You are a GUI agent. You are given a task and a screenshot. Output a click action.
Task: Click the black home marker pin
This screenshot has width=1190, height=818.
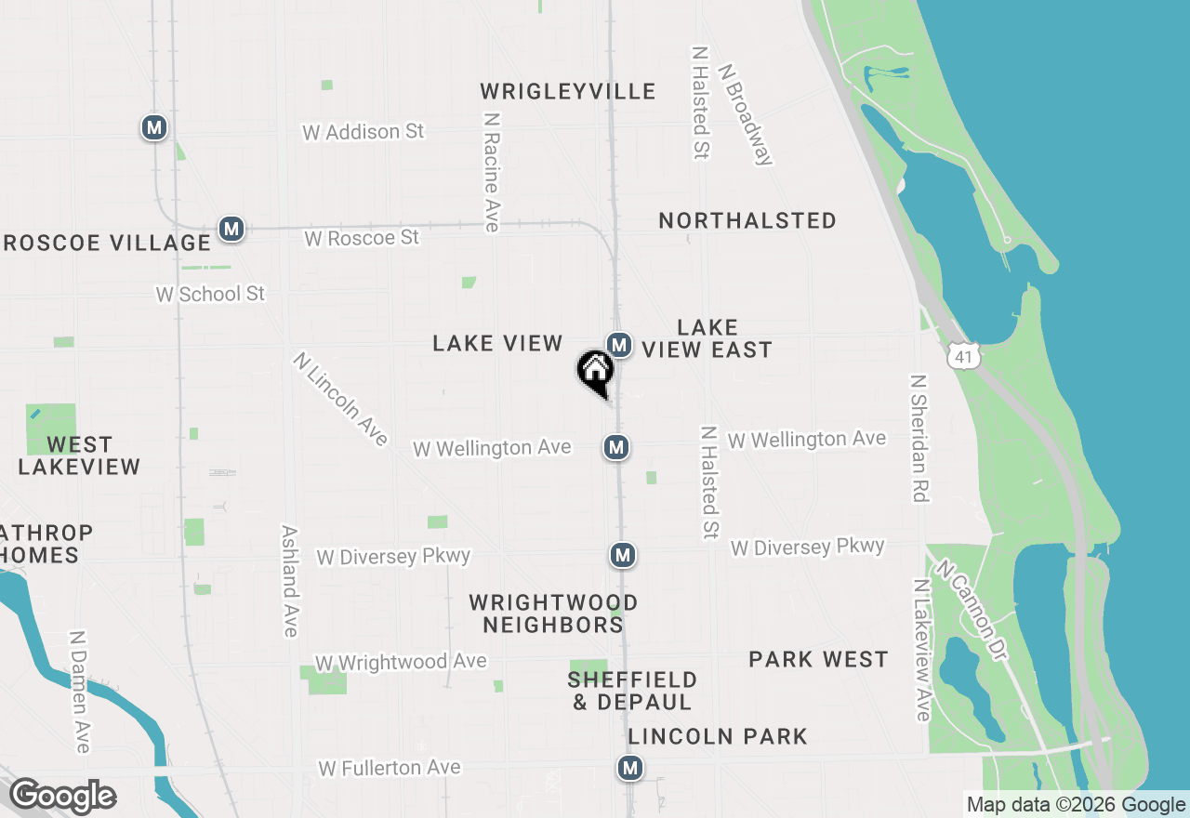pos(596,373)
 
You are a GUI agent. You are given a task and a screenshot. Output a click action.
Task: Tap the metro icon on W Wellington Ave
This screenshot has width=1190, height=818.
pos(615,447)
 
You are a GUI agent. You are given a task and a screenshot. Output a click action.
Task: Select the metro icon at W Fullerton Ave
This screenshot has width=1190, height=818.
pos(630,768)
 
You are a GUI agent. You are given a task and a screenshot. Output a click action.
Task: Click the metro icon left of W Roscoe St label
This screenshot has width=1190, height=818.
pos(231,228)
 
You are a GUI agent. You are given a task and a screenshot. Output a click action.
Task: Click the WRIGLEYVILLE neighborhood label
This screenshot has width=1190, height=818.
pos(568,91)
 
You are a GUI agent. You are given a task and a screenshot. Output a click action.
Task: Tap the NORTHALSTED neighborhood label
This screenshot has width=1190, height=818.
pos(747,220)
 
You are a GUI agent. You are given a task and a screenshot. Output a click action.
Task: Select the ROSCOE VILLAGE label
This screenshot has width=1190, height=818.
pos(106,243)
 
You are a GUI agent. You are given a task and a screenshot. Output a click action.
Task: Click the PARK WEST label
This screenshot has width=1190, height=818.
pos(818,659)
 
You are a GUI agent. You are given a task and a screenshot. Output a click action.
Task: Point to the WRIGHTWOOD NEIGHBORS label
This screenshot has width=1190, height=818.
pos(553,613)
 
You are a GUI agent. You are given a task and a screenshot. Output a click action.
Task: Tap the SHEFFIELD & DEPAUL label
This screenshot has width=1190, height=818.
pos(632,691)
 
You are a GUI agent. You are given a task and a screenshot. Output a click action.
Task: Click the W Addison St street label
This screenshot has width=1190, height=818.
pos(363,132)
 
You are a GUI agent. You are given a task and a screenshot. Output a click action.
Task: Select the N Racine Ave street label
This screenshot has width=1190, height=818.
pos(492,173)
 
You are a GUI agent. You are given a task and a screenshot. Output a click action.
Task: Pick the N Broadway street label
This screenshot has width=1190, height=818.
pos(746,114)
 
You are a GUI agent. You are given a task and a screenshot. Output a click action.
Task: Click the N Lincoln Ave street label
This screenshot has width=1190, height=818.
pos(340,399)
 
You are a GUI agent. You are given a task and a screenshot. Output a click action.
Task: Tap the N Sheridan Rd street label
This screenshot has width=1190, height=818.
pos(919,439)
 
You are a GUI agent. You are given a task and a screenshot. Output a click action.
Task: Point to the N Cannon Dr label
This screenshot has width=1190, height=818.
pos(972,611)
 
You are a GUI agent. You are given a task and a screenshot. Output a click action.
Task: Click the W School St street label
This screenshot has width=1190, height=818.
pos(210,294)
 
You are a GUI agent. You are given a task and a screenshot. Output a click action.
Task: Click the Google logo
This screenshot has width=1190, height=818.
pos(62,797)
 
